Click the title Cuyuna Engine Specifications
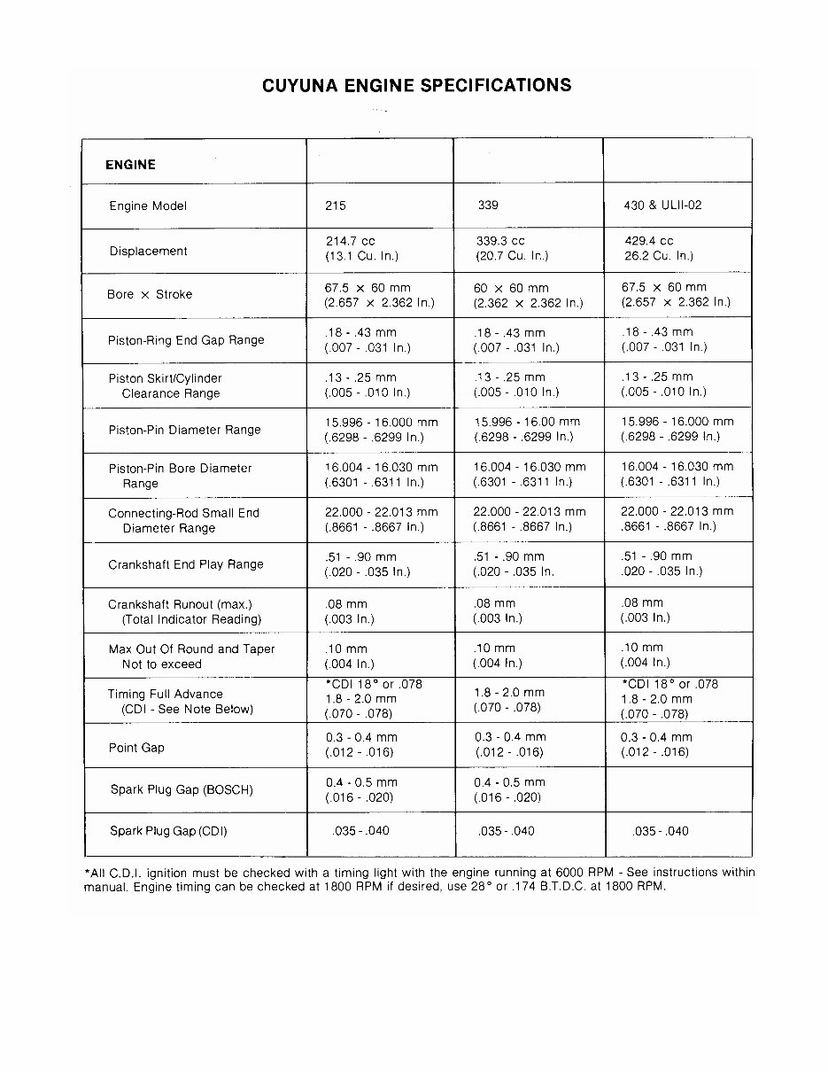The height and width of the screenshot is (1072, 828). pos(416,86)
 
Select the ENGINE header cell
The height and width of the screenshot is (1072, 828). pos(130,165)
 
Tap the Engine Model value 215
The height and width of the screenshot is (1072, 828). pos(336,206)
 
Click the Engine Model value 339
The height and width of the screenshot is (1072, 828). pos(487,206)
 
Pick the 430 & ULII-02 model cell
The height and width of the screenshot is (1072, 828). pos(662,206)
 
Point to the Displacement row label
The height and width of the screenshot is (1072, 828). pos(149,252)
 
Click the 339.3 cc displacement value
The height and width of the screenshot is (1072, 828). pos(500,241)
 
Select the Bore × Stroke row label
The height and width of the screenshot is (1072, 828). pos(150,295)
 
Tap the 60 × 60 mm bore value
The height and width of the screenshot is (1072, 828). pos(511,288)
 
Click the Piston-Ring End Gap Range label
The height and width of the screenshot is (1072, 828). pos(186,340)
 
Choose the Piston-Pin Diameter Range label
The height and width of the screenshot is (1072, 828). pos(184,431)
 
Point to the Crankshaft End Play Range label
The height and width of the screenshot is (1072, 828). pos(186,564)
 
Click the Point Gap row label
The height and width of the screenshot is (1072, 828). pos(136,748)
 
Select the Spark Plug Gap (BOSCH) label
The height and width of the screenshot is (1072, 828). pos(182,789)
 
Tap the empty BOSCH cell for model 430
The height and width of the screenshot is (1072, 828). pos(677,789)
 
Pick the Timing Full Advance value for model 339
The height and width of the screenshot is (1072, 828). pos(509,700)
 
